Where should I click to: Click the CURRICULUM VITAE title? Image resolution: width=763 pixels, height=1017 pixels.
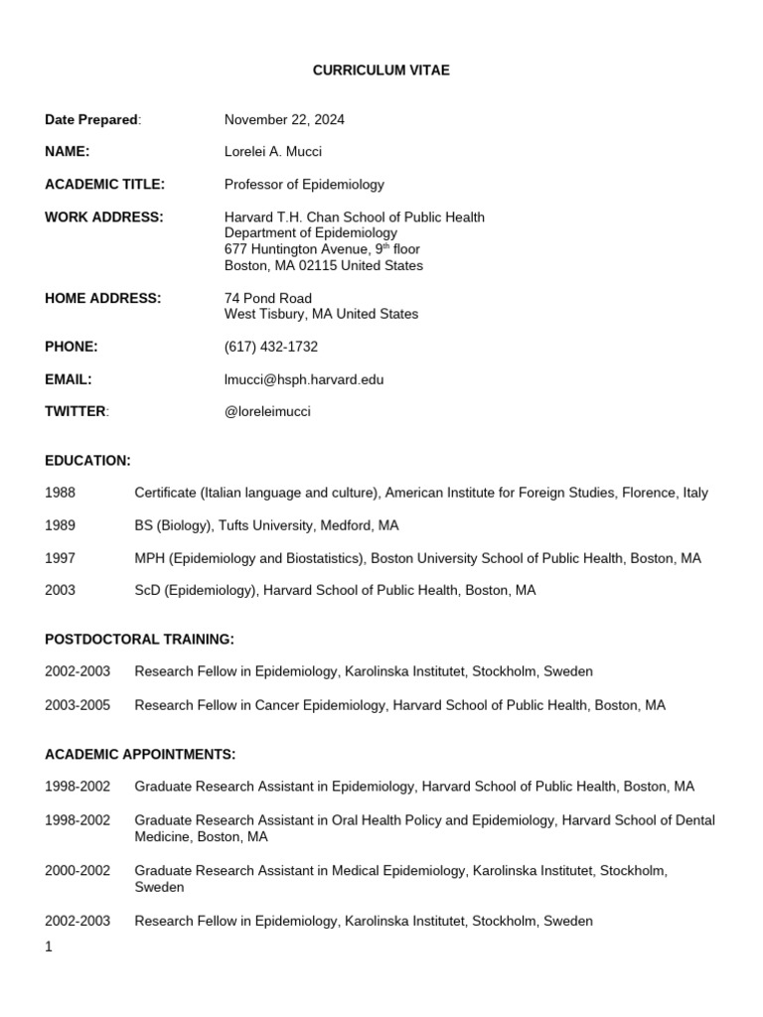pos(381,71)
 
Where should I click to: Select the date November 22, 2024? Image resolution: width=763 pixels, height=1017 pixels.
pos(284,120)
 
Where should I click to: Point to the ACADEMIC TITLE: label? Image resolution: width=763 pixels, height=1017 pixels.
pos(104,185)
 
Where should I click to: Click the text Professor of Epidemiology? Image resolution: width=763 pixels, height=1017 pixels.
pos(304,185)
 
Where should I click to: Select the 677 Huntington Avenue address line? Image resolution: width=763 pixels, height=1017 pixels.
pos(323,249)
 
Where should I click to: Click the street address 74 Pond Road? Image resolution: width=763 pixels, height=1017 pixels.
pos(267,298)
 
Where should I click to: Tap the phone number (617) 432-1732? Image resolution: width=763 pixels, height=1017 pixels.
pos(271,347)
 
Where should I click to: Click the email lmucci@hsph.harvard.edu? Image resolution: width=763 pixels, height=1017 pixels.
pos(304,379)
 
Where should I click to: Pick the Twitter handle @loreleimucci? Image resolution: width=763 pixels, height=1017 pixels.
pos(267,412)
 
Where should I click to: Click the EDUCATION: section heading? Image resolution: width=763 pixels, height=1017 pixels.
pos(87,461)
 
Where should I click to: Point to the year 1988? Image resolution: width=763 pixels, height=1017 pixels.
pos(60,493)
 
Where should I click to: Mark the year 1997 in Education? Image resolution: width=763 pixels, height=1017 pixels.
pos(60,558)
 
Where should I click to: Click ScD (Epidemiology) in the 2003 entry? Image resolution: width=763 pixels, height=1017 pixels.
pos(195,591)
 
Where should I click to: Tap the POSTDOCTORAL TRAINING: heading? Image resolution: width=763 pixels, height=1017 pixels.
pos(139,640)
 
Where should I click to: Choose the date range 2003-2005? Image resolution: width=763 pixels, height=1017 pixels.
pos(77,705)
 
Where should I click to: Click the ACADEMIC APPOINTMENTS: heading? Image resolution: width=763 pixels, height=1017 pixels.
pos(140,754)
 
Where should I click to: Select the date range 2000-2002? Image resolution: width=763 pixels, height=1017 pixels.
pos(77,871)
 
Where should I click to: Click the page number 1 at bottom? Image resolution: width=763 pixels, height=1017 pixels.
pos(49,946)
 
